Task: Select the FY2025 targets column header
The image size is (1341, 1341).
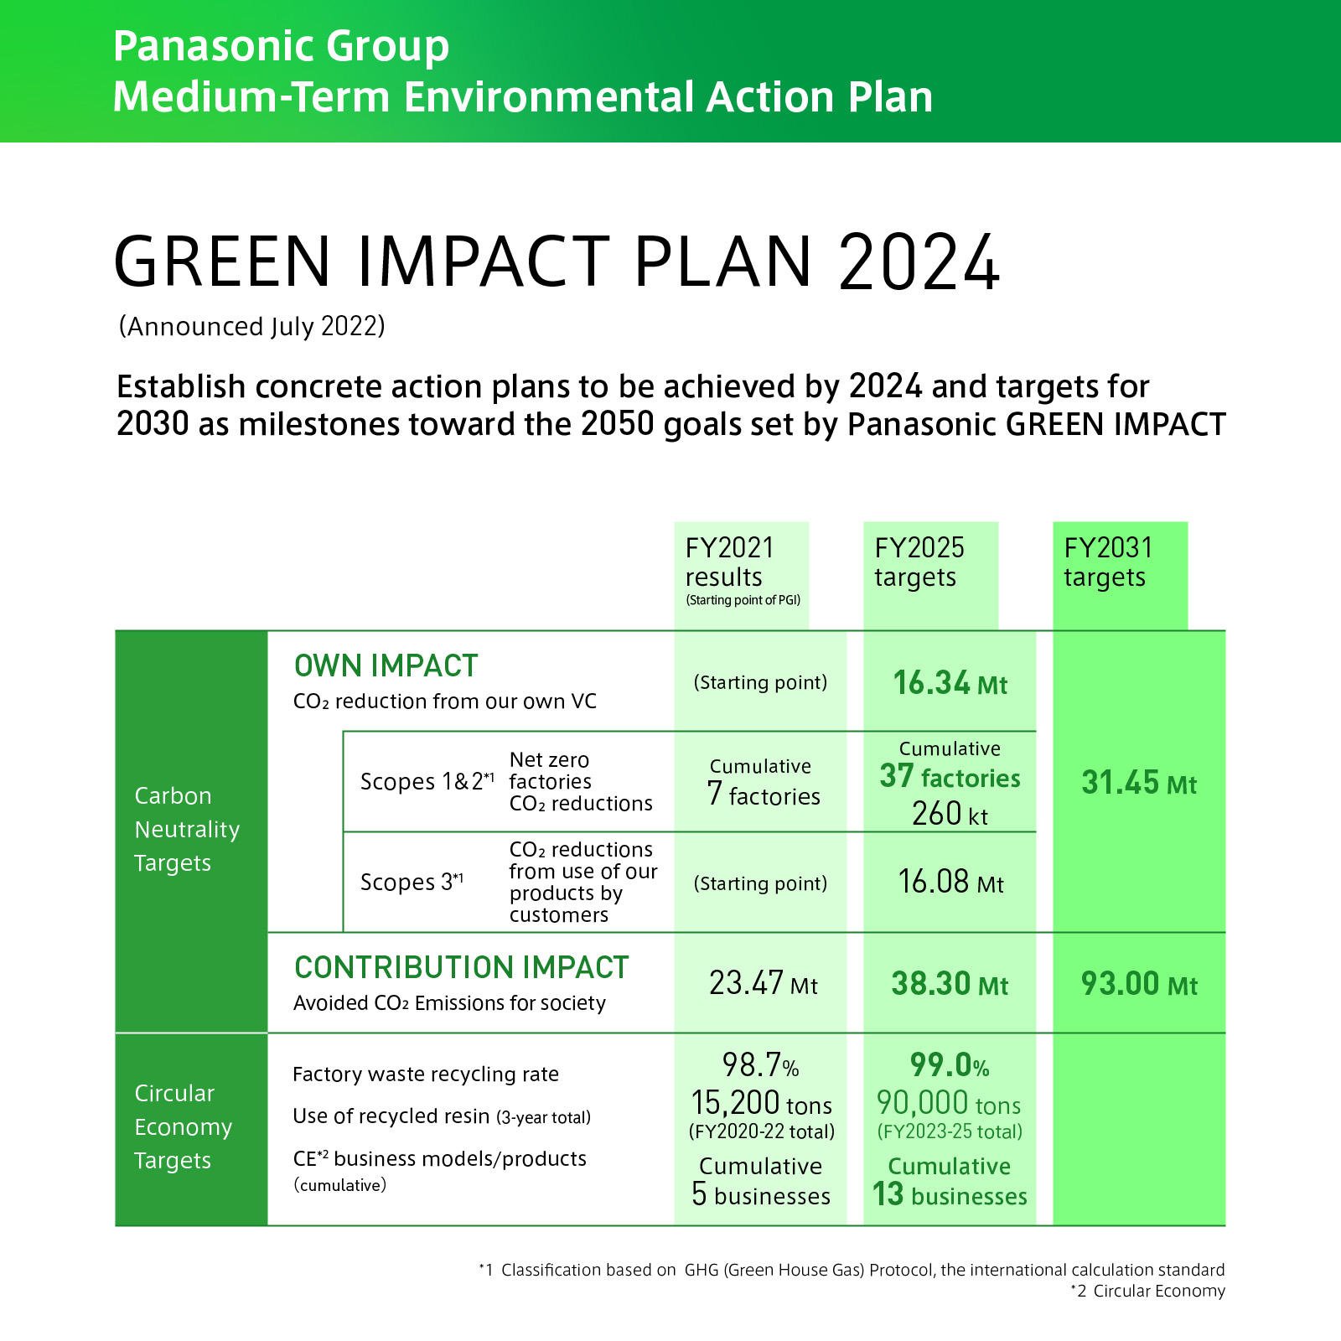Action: click(919, 562)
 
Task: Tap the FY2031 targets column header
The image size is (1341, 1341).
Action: click(1108, 562)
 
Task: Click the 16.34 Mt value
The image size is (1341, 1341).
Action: click(950, 683)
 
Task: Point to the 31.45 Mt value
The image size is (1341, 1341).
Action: click(1138, 783)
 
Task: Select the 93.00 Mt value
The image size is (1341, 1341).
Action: click(1138, 983)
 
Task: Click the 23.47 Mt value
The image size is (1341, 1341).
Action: click(763, 983)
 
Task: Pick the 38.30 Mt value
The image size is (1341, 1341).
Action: click(950, 983)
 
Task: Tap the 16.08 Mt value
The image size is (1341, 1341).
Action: click(950, 882)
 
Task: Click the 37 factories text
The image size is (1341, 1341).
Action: click(950, 778)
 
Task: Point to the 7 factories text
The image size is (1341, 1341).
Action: click(763, 794)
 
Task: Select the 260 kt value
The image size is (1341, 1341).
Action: click(950, 814)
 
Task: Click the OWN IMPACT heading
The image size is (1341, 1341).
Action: click(386, 666)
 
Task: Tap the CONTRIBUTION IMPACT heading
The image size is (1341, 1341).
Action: click(461, 968)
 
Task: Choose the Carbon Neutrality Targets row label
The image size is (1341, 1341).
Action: click(186, 829)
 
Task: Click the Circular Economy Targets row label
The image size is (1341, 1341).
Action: click(182, 1126)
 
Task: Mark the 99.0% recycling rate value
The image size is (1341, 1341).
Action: click(950, 1065)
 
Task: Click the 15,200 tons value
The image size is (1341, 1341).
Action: click(761, 1103)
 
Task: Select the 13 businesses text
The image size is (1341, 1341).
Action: click(950, 1194)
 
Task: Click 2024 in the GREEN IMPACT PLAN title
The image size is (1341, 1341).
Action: click(919, 262)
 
